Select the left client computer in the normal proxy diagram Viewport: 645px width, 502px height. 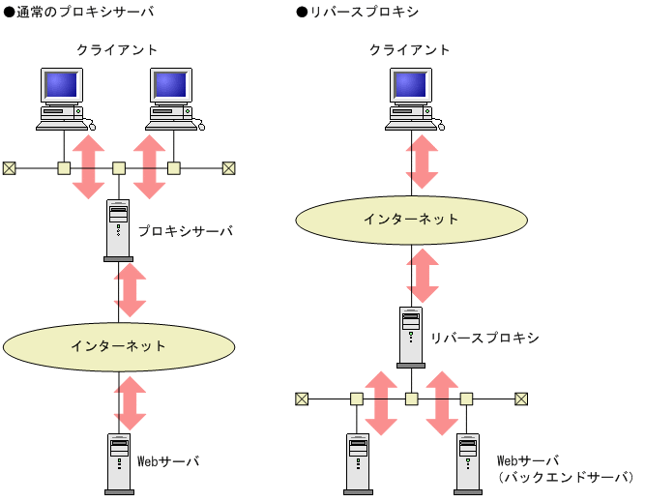(64, 98)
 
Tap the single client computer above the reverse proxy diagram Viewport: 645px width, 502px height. (414, 98)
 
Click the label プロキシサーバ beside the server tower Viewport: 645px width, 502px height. (185, 232)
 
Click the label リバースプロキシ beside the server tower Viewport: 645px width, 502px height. (484, 338)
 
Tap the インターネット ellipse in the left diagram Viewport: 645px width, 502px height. (119, 345)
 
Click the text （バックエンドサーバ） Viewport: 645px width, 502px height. (565, 478)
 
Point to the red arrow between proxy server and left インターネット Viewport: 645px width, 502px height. (131, 291)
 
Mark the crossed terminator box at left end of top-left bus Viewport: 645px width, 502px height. (9, 167)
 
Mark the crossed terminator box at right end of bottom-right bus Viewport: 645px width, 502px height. (521, 398)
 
